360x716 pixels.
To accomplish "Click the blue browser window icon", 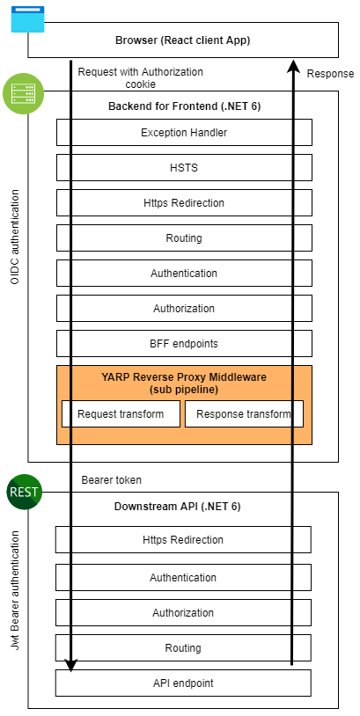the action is [x=27, y=19].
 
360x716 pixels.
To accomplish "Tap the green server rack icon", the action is [x=23, y=93].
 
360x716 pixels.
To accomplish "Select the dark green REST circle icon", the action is [x=25, y=493].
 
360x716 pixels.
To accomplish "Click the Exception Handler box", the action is [x=184, y=133].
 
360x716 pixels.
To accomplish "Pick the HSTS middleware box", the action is [x=184, y=168].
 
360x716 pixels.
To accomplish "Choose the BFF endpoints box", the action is [x=184, y=343].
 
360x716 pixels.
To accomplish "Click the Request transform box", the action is [x=121, y=414].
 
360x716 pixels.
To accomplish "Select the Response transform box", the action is [x=244, y=414].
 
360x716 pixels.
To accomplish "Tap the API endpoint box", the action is [x=183, y=683].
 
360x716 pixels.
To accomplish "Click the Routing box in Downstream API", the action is [x=183, y=647].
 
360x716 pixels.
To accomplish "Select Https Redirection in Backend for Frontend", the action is [x=184, y=202].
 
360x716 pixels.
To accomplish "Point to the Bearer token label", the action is [x=112, y=480].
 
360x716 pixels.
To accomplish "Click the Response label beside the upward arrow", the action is [x=330, y=74].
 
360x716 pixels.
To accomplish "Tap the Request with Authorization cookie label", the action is [x=141, y=77].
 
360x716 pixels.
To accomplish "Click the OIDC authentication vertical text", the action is [x=15, y=237].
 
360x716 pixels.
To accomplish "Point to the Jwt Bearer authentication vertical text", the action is [x=15, y=589].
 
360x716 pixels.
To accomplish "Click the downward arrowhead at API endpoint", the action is [x=70, y=665].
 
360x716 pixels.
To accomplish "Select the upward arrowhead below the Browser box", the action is [x=293, y=65].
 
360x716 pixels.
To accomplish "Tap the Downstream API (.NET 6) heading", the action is [x=177, y=507].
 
